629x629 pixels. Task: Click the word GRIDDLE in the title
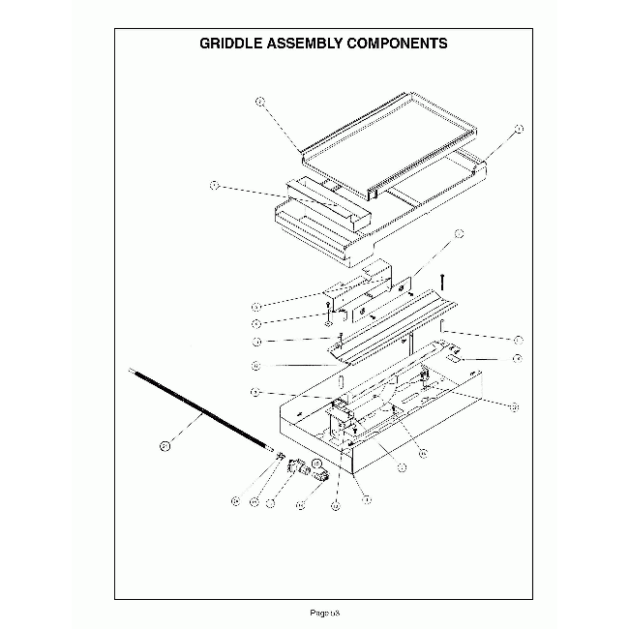[x=229, y=44]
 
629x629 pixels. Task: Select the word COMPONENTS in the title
[x=399, y=44]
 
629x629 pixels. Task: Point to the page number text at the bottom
[x=323, y=613]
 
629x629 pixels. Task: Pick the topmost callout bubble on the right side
[x=519, y=128]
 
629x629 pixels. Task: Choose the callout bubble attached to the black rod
[x=165, y=446]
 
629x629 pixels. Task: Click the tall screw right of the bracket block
[x=440, y=284]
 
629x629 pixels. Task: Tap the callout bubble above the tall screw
[x=459, y=233]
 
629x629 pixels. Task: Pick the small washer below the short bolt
[x=330, y=322]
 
